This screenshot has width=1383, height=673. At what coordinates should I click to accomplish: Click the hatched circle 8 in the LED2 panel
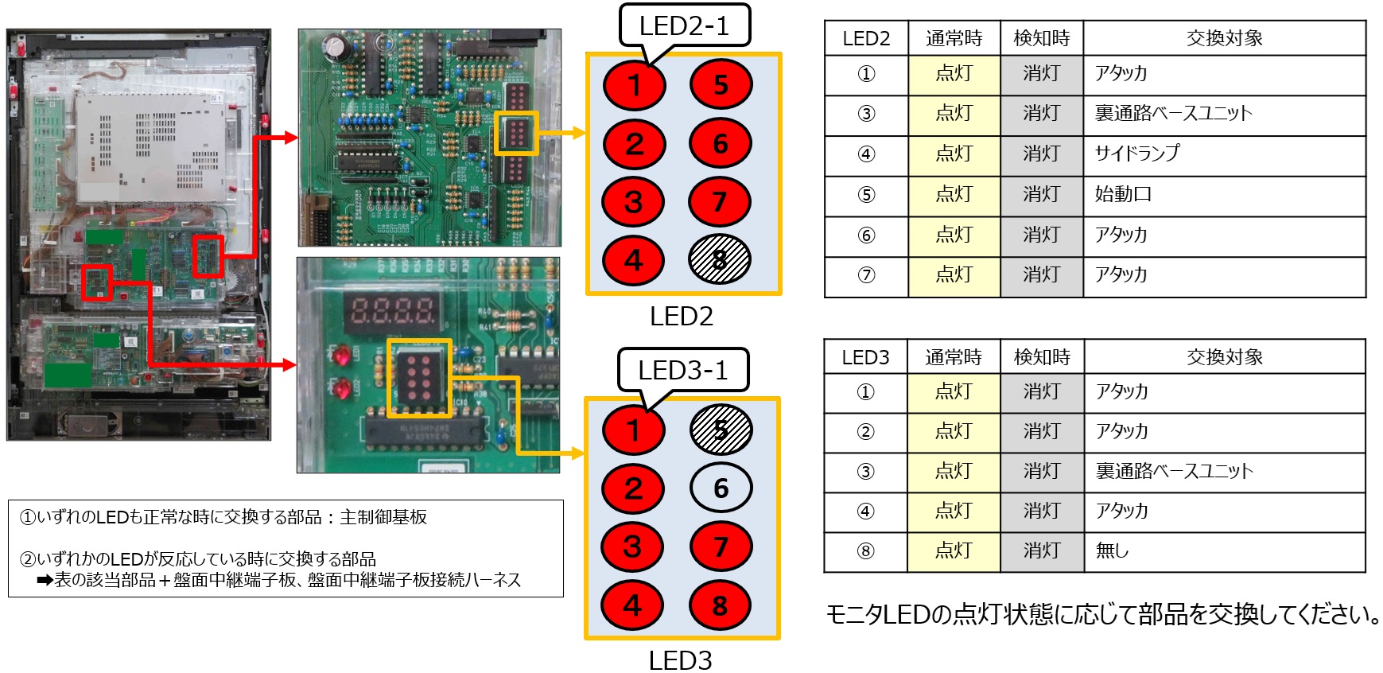pos(719,259)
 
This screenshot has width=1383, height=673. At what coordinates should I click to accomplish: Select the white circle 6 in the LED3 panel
pos(721,488)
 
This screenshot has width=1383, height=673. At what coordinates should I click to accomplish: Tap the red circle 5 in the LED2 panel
pos(721,84)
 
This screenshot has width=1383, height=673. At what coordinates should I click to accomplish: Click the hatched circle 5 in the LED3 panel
pos(721,430)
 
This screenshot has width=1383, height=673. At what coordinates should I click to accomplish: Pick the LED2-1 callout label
pos(684,26)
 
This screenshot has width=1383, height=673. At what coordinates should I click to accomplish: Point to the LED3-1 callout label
pos(683,370)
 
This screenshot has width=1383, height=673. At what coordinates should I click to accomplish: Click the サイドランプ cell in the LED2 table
pos(1225,154)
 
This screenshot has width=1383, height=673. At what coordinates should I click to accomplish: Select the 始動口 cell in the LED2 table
pos(1225,195)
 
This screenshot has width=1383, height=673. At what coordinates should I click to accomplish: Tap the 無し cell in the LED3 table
pos(1225,550)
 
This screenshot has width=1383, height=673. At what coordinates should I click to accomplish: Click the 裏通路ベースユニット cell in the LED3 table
pos(1225,471)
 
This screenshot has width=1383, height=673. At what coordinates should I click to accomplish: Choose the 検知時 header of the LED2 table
pos(1042,38)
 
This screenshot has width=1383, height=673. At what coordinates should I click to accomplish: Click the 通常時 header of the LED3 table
pos(954,356)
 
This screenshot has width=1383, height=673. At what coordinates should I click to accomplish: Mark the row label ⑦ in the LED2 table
pos(866,275)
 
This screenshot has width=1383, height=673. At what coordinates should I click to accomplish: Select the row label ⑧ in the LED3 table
pos(866,550)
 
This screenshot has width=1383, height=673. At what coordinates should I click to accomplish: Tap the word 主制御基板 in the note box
pos(383,517)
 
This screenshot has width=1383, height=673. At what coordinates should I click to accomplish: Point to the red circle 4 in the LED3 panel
pos(633,605)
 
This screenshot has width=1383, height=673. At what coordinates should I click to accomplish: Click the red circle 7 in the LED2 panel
pos(719,201)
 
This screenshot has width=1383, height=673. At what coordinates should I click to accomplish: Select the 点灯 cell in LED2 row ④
pos(954,154)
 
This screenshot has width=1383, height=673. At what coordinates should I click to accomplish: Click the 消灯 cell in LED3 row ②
pos(1042,431)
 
